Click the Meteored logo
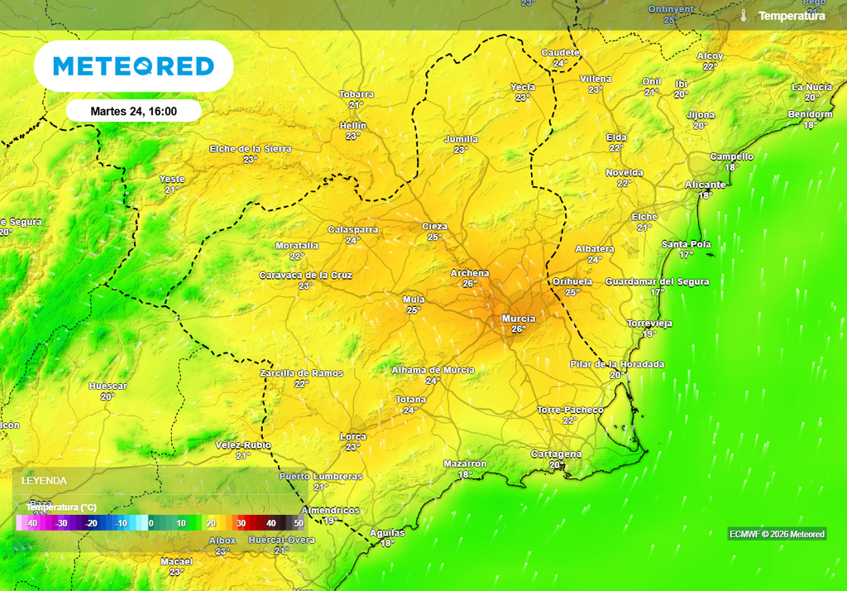133,66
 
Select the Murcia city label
519,319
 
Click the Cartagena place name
556,454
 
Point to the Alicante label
705,185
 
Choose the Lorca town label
353,436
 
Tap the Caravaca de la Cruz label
306,275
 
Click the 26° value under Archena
470,284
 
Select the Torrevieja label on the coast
649,323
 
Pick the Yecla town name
523,87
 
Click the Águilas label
387,533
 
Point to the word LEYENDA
44,480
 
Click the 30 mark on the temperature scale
242,523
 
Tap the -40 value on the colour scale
31,523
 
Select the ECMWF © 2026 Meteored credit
777,534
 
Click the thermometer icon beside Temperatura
744,16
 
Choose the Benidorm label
810,114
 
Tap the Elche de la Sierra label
251,149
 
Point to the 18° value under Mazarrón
465,475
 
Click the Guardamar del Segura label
657,281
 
